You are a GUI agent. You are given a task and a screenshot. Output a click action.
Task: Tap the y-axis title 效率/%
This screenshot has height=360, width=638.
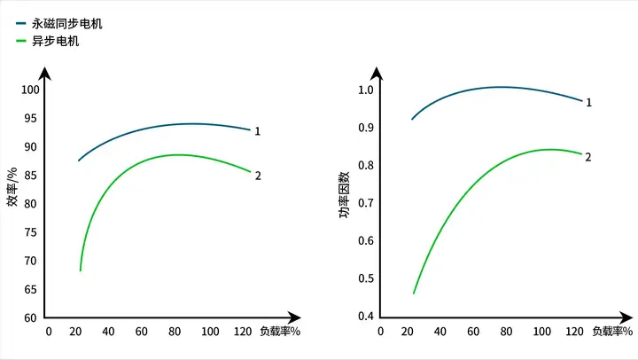point(12,187)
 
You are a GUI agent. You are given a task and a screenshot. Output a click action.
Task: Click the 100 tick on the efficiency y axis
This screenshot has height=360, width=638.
point(31,90)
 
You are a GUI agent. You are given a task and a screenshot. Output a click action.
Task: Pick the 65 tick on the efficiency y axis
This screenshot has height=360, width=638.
point(31,289)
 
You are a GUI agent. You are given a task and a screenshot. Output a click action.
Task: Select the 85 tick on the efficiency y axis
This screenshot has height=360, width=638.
point(31,175)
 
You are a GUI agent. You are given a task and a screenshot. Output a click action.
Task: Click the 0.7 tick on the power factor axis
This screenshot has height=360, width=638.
point(365,203)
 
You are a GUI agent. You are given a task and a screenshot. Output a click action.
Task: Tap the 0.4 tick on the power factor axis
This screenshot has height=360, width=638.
point(365,317)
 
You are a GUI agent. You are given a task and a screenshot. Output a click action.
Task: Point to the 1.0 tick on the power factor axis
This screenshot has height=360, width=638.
point(365,90)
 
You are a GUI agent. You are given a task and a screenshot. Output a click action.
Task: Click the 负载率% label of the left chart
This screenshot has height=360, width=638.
point(280,332)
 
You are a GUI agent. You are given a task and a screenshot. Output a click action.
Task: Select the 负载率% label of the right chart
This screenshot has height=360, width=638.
point(612,332)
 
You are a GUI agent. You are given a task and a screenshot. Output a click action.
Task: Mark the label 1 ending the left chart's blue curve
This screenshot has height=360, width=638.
point(257,131)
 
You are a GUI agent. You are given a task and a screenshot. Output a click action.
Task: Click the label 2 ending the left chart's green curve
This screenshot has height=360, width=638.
point(258,176)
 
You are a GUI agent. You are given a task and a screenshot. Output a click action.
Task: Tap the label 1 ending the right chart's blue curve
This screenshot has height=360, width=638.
point(588,103)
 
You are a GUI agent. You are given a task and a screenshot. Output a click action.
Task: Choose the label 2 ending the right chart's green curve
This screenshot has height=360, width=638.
point(588,157)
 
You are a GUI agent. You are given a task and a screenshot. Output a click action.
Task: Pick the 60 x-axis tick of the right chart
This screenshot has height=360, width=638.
point(473,332)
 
